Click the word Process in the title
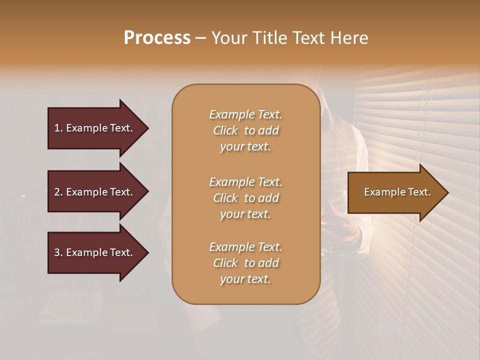(x=157, y=38)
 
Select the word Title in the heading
(x=271, y=38)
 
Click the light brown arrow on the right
(x=395, y=192)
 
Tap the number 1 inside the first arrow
(x=57, y=128)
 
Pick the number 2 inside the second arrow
(x=57, y=192)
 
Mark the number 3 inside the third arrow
(x=57, y=252)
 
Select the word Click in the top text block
(x=225, y=130)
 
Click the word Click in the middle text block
(x=225, y=198)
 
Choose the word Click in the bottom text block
(x=225, y=263)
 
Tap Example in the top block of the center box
(x=231, y=114)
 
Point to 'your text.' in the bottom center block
(x=245, y=279)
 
